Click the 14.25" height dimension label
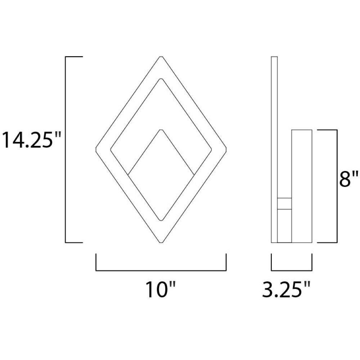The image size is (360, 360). click(31, 140)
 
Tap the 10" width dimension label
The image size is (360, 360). click(161, 289)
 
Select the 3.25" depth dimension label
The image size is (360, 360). click(286, 289)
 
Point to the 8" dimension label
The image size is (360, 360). click(349, 179)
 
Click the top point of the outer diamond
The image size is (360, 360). click(161, 57)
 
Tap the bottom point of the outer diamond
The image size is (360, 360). click(161, 242)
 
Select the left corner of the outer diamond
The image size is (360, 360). click(96, 149)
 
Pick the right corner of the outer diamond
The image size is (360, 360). click(226, 149)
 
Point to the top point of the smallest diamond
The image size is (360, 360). click(161, 130)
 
